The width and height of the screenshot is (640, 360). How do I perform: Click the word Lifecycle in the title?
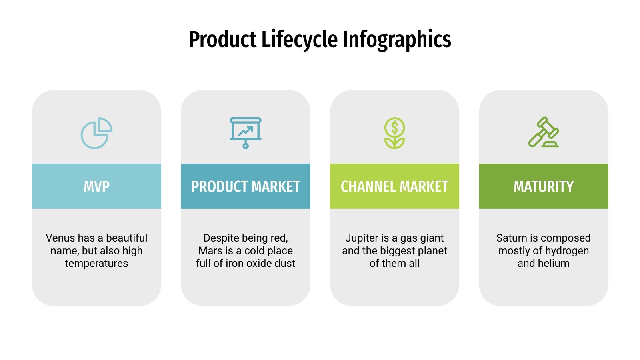coord(299,40)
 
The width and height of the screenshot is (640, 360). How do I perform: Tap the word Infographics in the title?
coord(397,40)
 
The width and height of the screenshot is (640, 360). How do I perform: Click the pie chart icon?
coord(96,133)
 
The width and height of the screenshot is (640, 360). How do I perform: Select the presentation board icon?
coord(246,133)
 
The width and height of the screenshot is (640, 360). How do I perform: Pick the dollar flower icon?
coord(394,133)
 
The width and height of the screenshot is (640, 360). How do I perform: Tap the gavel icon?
coord(543,132)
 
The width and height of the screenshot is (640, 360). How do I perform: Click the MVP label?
coord(96,186)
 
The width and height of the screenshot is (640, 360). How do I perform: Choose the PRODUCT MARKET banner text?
coord(246,186)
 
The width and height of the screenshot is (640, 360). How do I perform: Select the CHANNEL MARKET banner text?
coord(394,186)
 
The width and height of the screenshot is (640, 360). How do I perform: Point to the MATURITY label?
coord(543,186)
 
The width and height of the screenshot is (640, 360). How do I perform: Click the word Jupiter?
coord(362,238)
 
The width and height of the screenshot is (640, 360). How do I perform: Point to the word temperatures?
coord(96,264)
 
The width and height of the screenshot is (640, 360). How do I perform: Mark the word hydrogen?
coord(567,251)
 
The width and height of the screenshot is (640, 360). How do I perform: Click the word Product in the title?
coord(222,40)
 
